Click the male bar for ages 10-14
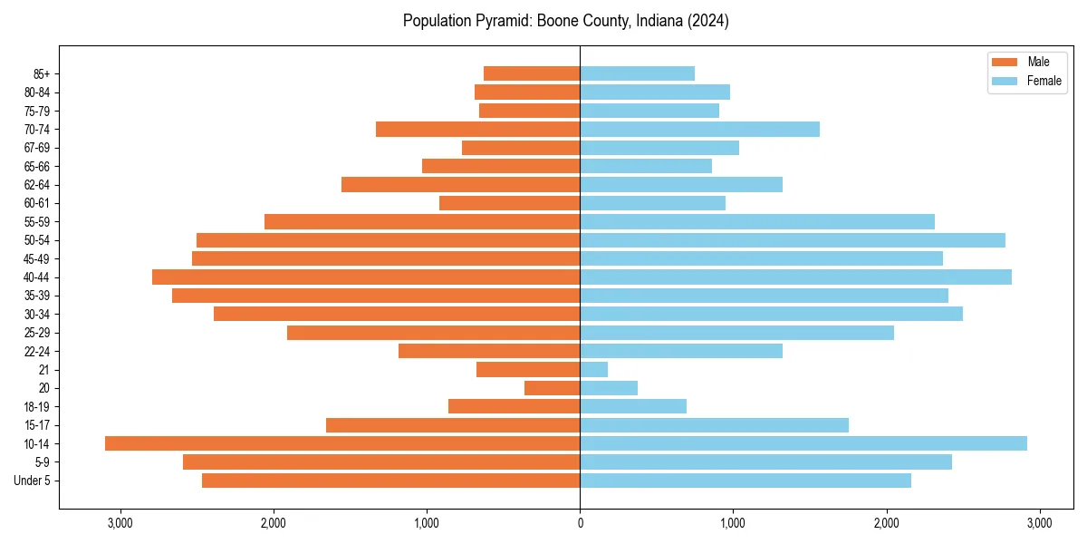tap(342, 443)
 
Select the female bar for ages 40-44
tap(795, 277)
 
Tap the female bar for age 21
tap(594, 369)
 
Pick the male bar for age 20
tap(552, 388)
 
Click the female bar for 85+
tap(637, 73)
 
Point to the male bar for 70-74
tap(477, 129)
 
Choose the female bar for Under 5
tap(746, 481)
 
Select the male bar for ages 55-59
tap(422, 221)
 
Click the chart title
tap(565, 21)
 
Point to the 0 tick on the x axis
tap(580, 522)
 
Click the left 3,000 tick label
tap(120, 522)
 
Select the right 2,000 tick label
tap(886, 522)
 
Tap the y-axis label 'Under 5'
tap(32, 481)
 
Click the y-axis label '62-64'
tap(37, 184)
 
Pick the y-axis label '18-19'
tap(37, 406)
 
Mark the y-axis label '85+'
tap(41, 73)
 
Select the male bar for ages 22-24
tap(489, 351)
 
